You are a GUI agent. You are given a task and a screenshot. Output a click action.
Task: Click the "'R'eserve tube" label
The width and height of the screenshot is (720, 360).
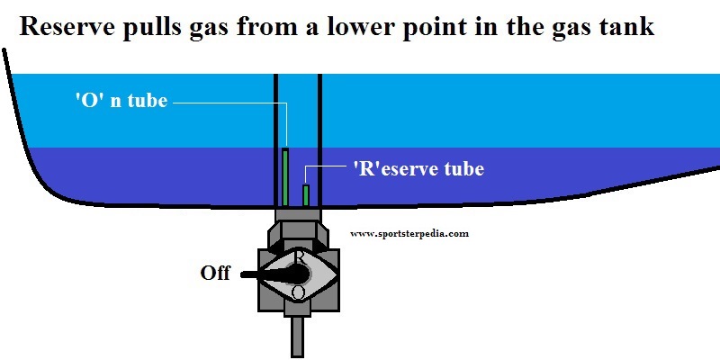[418, 168]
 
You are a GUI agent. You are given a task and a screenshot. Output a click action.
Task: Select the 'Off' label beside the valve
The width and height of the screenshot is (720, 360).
[215, 274]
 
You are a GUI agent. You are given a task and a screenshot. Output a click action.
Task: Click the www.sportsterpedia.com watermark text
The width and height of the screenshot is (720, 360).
[409, 233]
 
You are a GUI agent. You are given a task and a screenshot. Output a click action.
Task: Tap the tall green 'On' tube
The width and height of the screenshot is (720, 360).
[285, 175]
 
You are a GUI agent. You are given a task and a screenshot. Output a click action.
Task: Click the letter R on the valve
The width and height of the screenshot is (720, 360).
[300, 256]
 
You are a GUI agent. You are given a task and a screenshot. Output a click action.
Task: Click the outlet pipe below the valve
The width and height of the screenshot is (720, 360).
[297, 337]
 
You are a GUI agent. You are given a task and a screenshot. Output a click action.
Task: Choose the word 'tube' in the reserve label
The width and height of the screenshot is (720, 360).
[463, 168]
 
